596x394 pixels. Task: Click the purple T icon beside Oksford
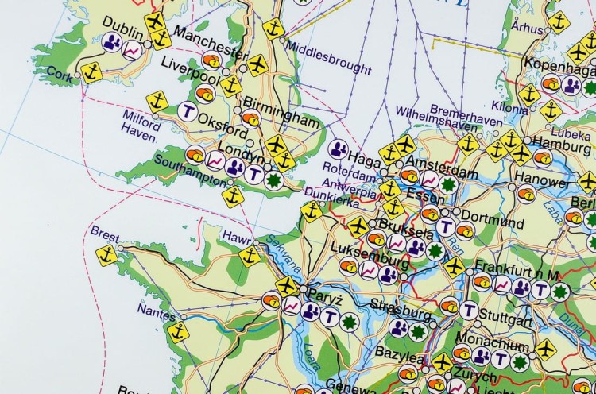click(188, 110)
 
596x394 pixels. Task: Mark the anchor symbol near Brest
click(107, 255)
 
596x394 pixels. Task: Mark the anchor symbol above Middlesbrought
click(273, 29)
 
